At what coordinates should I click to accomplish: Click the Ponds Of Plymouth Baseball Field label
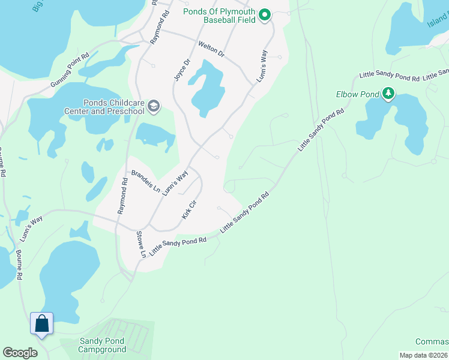[220, 16]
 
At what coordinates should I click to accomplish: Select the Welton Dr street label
[211, 49]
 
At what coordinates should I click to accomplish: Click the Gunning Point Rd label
[70, 71]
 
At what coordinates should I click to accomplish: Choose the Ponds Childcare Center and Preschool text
[106, 107]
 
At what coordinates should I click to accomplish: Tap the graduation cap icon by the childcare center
[154, 107]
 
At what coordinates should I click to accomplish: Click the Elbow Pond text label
[357, 94]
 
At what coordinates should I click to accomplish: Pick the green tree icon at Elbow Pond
[389, 94]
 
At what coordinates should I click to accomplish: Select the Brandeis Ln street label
[145, 181]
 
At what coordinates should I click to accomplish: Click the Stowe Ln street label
[141, 244]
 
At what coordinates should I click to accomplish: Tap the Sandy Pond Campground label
[103, 345]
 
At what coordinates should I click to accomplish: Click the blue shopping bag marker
[42, 324]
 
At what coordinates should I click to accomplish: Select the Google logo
[20, 353]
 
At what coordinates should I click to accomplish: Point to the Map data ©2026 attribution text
[424, 355]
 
